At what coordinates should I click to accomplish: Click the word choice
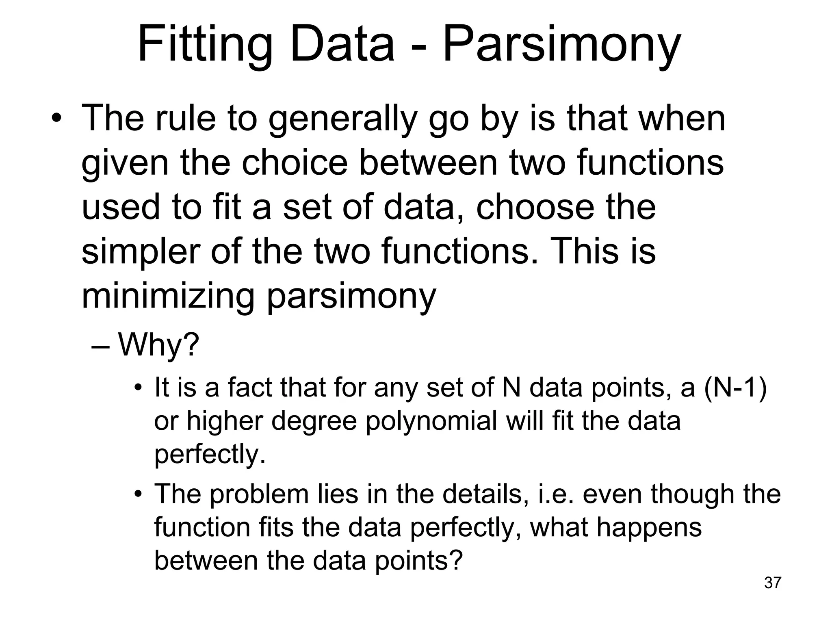tap(295, 163)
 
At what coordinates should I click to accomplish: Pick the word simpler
tap(141, 252)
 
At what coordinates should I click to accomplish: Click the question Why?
tap(158, 344)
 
